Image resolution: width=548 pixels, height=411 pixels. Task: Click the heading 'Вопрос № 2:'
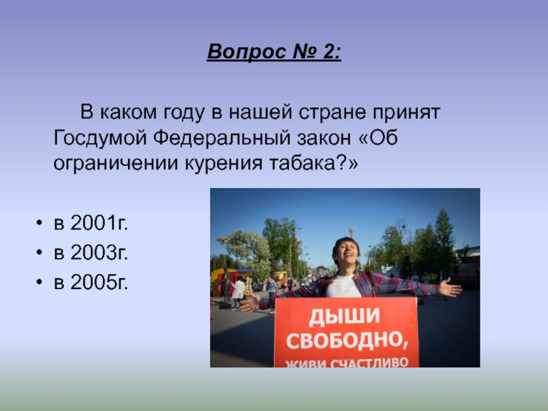(274, 53)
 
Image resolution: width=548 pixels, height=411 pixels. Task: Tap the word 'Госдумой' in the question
(101, 138)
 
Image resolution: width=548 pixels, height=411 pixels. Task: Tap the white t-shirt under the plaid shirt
(345, 286)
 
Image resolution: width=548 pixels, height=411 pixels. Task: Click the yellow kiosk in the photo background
(222, 280)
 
